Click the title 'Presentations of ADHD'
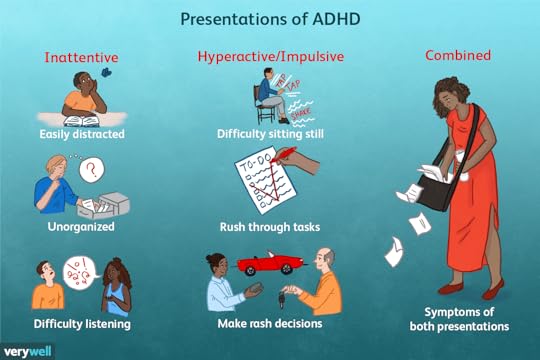pos(270,19)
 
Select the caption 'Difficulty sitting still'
pos(268,133)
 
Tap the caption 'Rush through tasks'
pos(268,227)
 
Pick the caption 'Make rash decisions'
pos(268,323)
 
